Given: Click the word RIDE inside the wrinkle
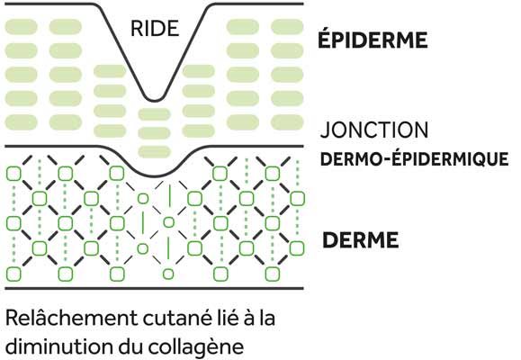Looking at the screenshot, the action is pos(155,28).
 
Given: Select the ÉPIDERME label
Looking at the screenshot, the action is pos(373,40).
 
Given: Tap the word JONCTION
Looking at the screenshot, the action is pos(374,130).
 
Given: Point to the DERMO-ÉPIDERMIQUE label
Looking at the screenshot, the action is pos(414,159).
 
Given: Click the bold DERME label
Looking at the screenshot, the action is pos(361,240).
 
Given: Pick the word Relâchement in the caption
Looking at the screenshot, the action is pos(71,318).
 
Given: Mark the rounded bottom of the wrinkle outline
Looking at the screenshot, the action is pos(155,100).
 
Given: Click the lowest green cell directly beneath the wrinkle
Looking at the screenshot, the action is pos(154,151).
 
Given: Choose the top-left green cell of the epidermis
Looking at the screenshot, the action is pos(22,27).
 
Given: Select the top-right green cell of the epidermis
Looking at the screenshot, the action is pos(287,27).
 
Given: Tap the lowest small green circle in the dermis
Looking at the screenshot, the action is pos(168,274).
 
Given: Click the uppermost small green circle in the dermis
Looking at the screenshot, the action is pos(143,198).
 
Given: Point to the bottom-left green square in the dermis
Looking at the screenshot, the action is pos(13,274).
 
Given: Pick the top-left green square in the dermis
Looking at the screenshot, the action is pos(13,174).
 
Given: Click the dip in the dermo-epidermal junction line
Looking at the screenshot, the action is pos(154,175).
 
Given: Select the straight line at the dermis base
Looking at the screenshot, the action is pos(155,288).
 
